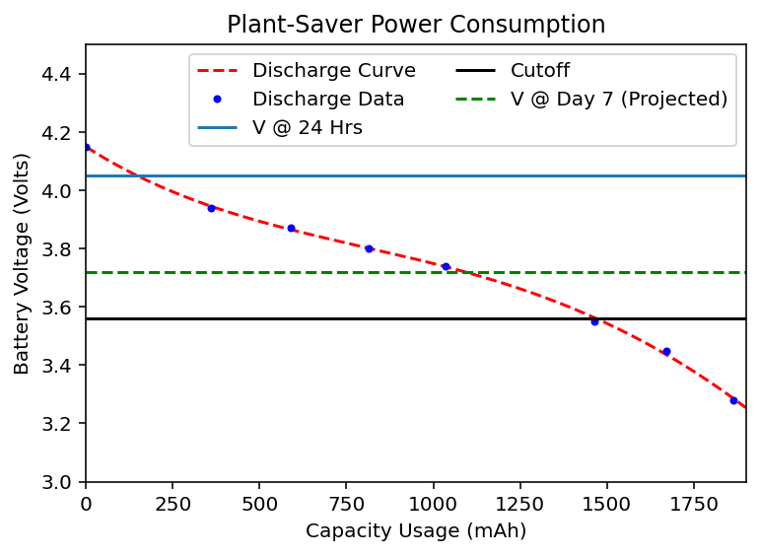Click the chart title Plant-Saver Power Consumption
click(416, 25)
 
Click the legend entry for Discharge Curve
click(333, 71)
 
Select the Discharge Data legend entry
click(328, 100)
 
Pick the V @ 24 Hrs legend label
click(308, 128)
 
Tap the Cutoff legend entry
click(540, 71)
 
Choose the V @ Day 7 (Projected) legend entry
click(619, 100)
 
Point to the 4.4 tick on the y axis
click(56, 74)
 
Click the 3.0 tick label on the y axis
click(56, 482)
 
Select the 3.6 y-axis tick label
click(56, 308)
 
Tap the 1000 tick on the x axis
click(433, 505)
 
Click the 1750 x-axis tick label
click(694, 505)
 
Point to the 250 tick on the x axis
click(173, 505)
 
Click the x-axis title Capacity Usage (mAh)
click(416, 531)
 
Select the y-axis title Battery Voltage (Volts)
click(22, 263)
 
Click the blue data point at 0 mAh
click(87, 147)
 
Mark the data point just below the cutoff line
click(594, 321)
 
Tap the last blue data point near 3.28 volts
click(733, 401)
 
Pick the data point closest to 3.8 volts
click(369, 249)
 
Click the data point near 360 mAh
click(211, 208)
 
